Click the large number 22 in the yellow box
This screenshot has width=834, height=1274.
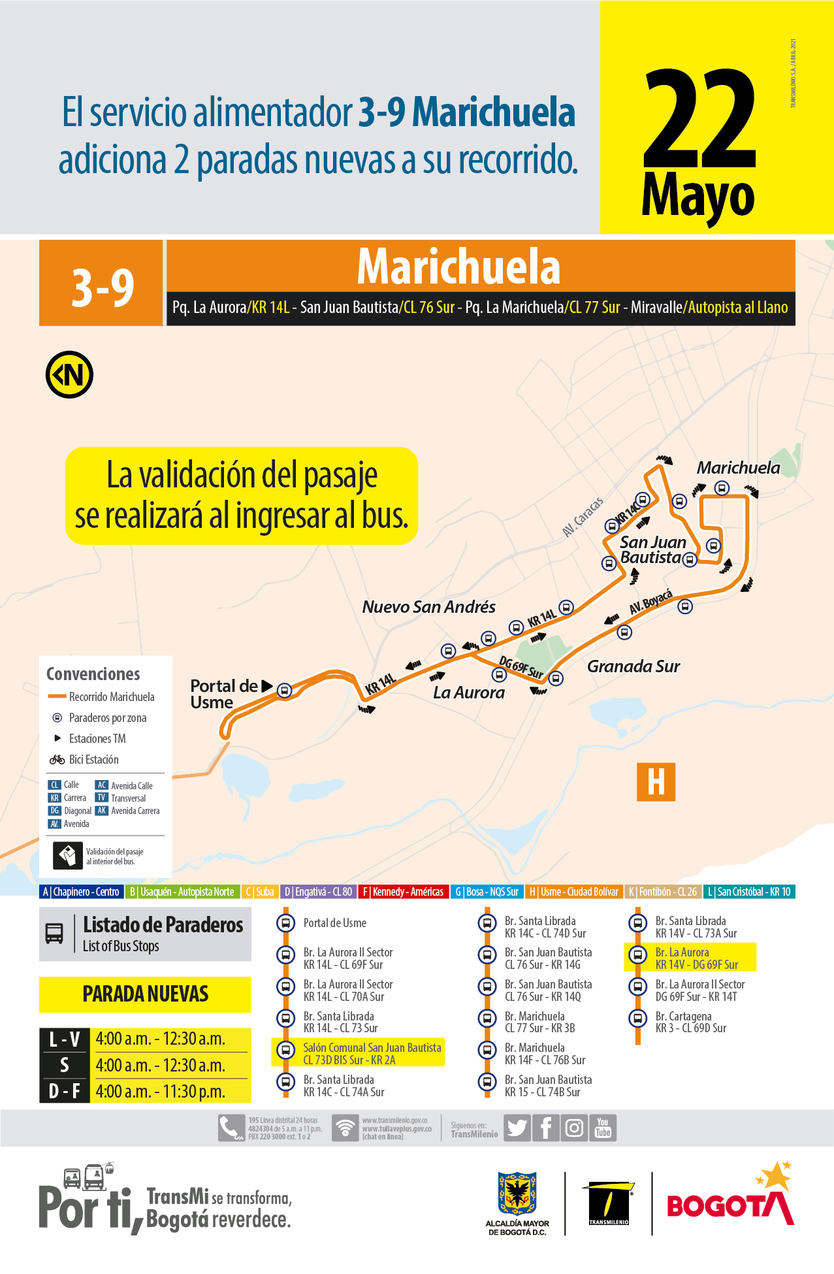[699, 119]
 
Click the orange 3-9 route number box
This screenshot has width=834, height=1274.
[101, 284]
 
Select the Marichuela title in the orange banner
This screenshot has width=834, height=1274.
[458, 267]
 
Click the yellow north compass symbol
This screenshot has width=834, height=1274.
[69, 374]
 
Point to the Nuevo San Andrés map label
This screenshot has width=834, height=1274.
[428, 607]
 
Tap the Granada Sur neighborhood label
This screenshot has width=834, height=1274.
[633, 666]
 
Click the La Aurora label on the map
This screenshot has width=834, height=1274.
[468, 693]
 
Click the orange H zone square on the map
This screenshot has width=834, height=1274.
[656, 781]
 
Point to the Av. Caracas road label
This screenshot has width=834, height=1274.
[583, 517]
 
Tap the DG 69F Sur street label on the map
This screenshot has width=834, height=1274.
[521, 667]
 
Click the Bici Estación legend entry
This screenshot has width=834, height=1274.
[93, 759]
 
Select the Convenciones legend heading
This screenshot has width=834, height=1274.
[93, 674]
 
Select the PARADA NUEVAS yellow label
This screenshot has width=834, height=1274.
[145, 994]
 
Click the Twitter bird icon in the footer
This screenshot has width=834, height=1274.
[517, 1128]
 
